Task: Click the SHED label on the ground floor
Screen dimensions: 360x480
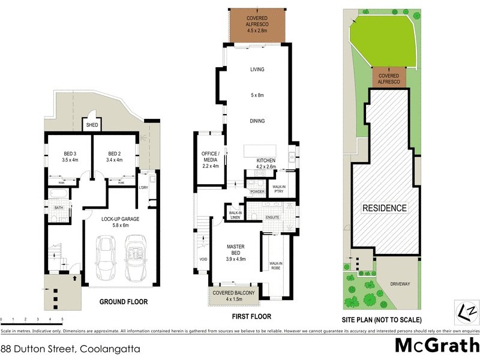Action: click(x=91, y=125)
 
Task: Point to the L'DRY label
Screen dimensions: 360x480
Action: click(x=143, y=188)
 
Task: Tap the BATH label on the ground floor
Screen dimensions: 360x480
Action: click(x=59, y=208)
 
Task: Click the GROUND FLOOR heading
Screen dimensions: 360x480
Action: click(x=124, y=302)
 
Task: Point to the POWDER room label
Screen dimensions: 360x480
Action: click(x=257, y=192)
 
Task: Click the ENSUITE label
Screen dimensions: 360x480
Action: click(x=273, y=217)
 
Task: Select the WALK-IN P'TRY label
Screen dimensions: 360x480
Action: click(x=279, y=189)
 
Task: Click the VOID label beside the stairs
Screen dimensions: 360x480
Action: click(x=203, y=260)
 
